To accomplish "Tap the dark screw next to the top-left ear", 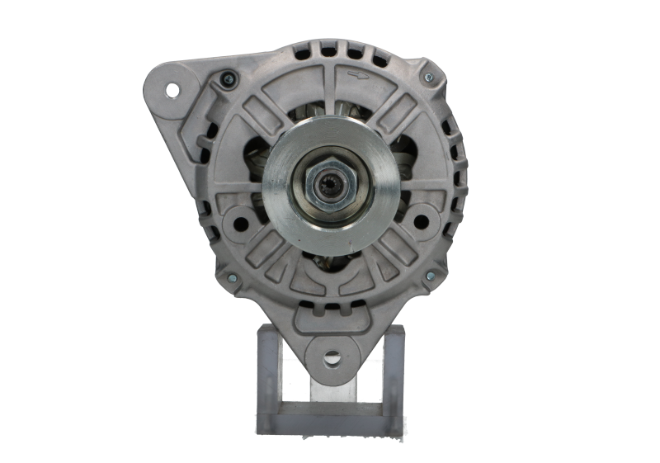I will [x=226, y=78].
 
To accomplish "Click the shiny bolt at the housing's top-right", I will [x=427, y=78].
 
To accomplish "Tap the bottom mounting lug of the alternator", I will [x=331, y=351].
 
